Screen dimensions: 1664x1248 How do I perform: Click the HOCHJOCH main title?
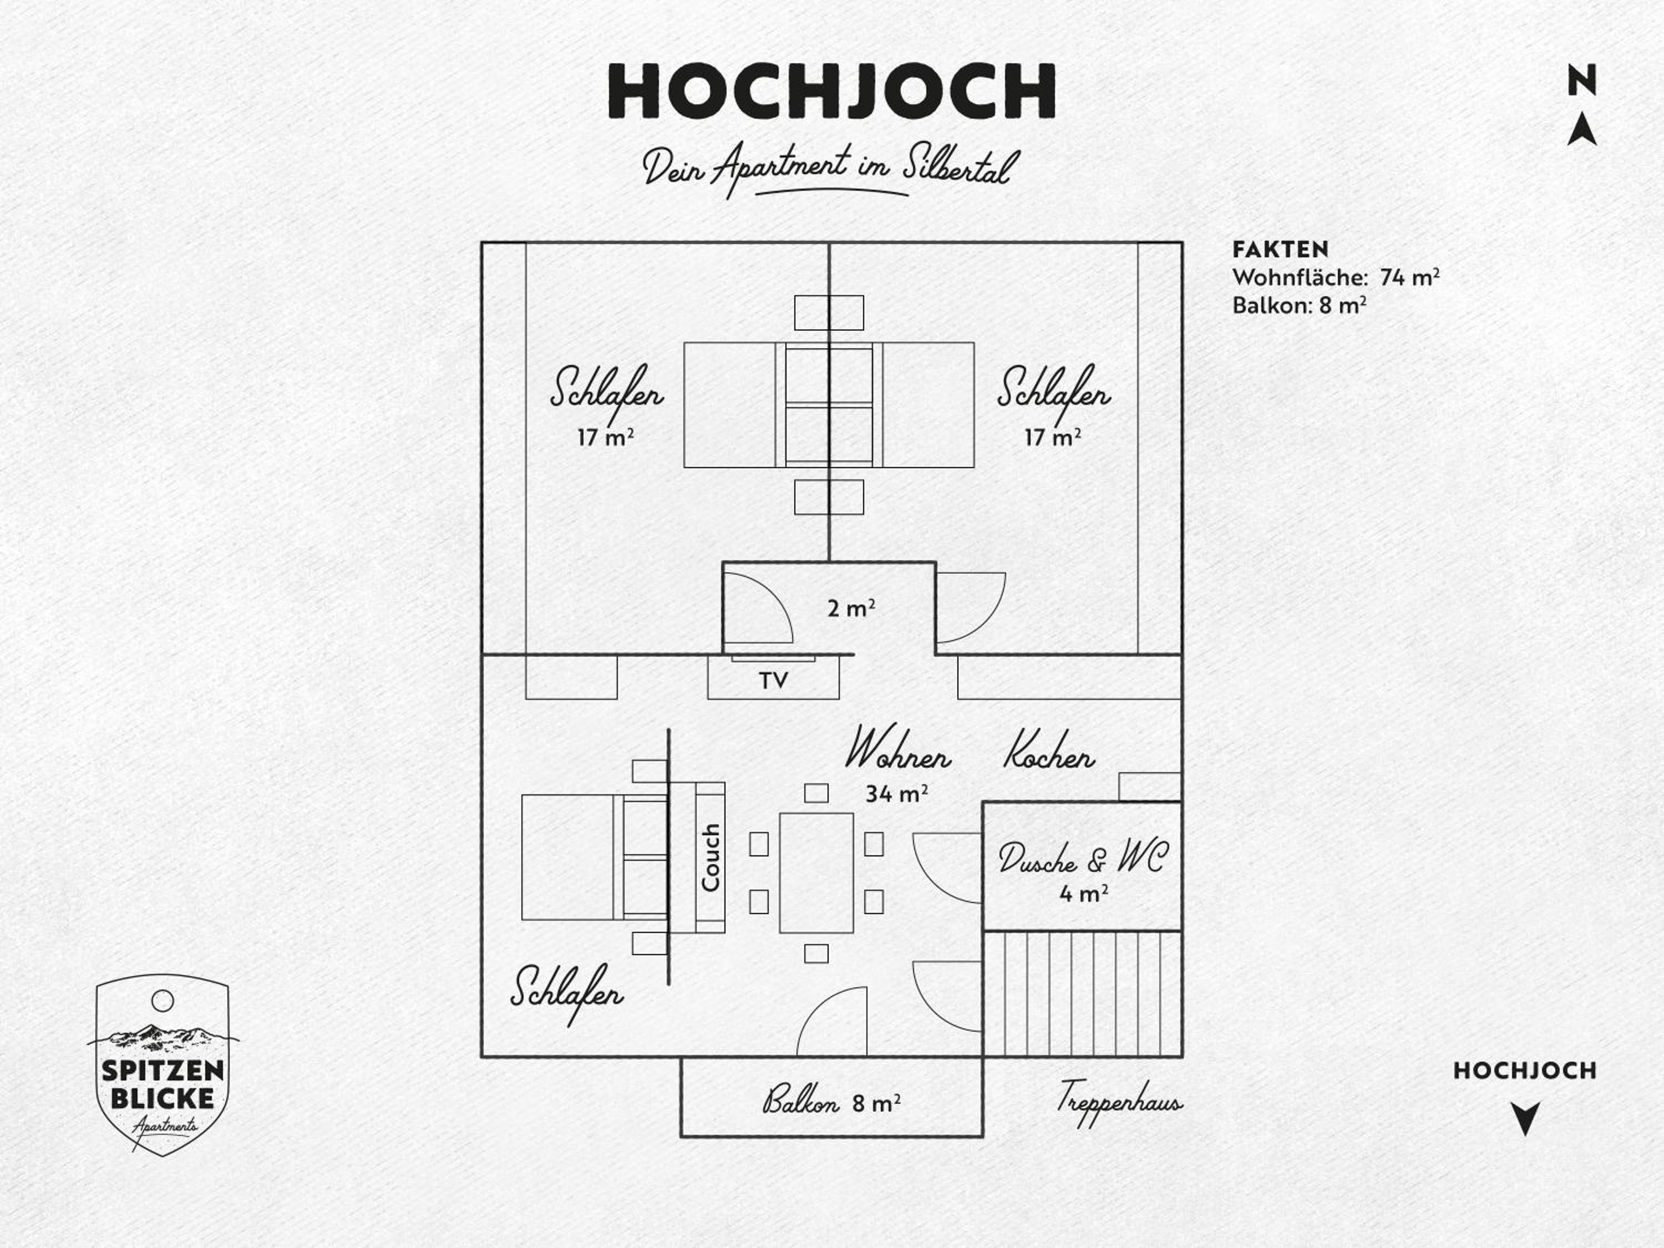point(831,91)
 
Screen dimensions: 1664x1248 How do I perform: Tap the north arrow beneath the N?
point(1582,129)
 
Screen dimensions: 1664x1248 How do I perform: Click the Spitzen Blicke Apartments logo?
point(163,1064)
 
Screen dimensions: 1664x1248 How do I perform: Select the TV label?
point(773,680)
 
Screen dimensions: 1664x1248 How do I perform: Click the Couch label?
point(710,858)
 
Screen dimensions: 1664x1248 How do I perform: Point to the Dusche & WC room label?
point(1083,857)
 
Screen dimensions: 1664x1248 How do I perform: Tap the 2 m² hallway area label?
point(851,608)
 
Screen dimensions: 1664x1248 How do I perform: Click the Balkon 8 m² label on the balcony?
point(831,1103)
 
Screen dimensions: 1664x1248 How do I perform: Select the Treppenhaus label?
point(1119,1103)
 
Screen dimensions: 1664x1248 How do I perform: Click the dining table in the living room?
point(816,872)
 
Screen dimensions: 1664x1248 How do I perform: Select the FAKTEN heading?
point(1280,249)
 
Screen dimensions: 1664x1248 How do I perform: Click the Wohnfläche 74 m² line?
point(1336,277)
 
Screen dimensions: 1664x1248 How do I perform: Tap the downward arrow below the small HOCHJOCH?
point(1525,1118)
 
